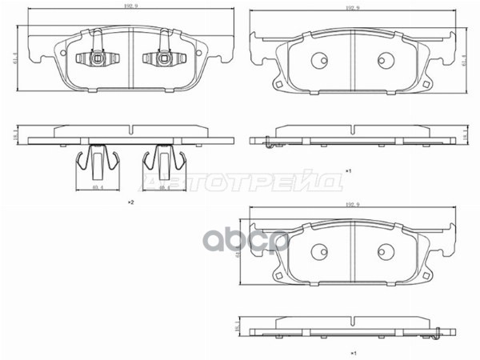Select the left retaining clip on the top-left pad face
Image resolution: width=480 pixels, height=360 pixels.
pos(95,58)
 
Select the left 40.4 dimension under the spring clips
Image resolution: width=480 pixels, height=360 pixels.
pos(97,188)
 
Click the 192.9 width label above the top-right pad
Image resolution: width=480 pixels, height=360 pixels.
pos(352,7)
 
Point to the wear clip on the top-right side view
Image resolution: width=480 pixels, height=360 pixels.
pos(267,142)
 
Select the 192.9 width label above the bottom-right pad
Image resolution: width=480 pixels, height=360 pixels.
pos(352,203)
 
